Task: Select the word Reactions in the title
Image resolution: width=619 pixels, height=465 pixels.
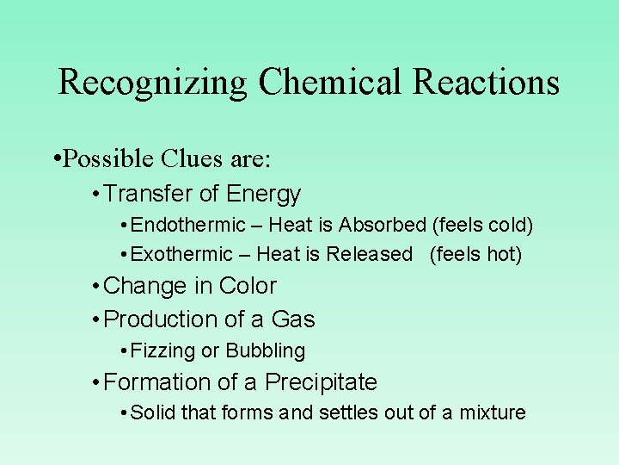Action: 486,82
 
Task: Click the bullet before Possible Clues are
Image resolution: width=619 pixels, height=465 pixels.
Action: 56,159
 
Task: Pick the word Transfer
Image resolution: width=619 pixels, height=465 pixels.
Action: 138,195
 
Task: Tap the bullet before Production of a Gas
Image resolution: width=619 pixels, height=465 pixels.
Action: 95,319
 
